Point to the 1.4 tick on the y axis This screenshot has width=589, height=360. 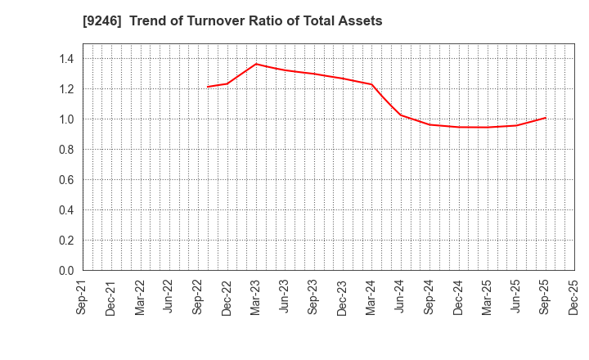[65, 58]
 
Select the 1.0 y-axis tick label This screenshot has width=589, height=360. [65, 119]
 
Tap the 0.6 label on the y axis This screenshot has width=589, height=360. [65, 179]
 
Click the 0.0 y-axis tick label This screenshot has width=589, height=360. [65, 270]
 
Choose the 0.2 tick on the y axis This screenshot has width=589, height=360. [65, 240]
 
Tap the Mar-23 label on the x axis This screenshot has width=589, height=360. [256, 298]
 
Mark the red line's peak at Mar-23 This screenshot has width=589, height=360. [256, 64]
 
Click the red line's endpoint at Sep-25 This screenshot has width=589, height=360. [546, 118]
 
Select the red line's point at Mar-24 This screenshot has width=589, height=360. [372, 84]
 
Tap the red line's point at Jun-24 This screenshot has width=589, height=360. [401, 115]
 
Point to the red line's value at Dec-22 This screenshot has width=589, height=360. [227, 83]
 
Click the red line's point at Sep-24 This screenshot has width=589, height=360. [429, 124]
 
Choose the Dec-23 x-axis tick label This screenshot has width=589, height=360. [343, 298]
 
